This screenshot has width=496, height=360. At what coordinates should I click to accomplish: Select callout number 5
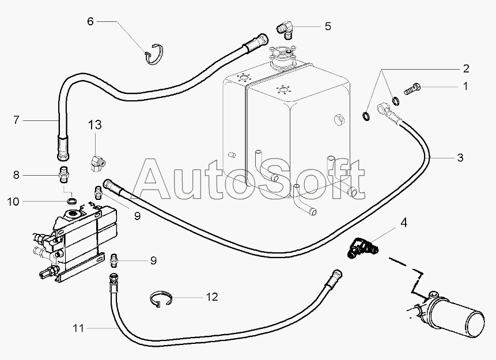pyautogui.click(x=327, y=25)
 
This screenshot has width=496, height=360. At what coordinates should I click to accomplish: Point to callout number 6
pyautogui.click(x=90, y=21)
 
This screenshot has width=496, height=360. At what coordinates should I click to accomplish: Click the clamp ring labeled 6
pyautogui.click(x=154, y=54)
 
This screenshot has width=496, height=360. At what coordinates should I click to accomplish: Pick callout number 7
pyautogui.click(x=17, y=120)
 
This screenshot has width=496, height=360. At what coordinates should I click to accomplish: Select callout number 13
pyautogui.click(x=94, y=124)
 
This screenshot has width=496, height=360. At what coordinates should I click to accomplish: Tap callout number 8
pyautogui.click(x=17, y=174)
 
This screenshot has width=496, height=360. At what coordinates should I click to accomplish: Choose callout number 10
pyautogui.click(x=13, y=201)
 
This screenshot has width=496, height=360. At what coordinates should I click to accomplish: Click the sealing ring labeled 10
pyautogui.click(x=72, y=200)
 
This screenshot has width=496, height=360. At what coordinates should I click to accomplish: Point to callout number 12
pyautogui.click(x=211, y=297)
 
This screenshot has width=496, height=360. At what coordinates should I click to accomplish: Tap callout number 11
pyautogui.click(x=79, y=328)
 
